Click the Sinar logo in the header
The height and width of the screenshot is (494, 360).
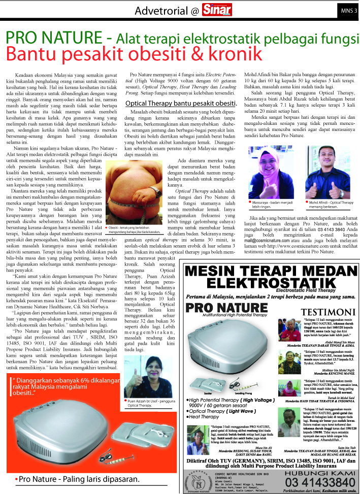point(215,10)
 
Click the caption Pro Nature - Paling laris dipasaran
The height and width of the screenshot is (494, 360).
point(76,479)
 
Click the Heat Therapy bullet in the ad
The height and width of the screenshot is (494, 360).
point(205,416)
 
